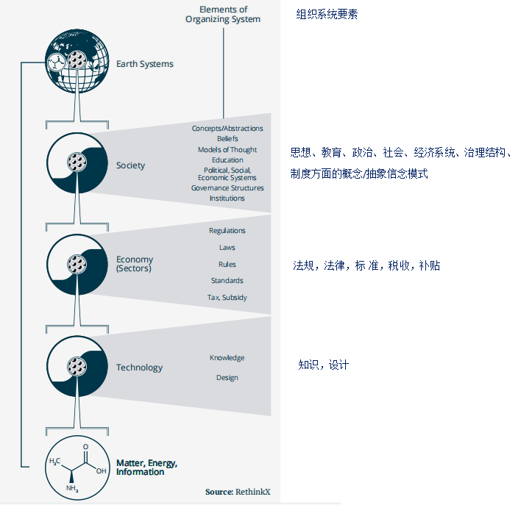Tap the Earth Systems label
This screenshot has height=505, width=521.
144,64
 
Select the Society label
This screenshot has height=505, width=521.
130,165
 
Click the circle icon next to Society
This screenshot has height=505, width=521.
74,164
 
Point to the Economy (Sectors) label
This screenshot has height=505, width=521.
135,263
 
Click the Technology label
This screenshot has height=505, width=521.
139,368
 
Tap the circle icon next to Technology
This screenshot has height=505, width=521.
74,366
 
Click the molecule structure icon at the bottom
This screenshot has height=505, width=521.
74,468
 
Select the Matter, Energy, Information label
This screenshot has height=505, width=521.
146,468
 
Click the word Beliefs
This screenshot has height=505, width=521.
227,139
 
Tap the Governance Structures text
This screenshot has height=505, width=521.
227,188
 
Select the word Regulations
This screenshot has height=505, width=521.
227,231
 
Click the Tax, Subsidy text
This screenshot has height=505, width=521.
227,298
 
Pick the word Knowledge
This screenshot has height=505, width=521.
227,358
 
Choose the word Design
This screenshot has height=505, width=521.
227,378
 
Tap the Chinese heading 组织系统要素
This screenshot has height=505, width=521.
327,14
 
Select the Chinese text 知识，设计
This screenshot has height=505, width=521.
324,365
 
